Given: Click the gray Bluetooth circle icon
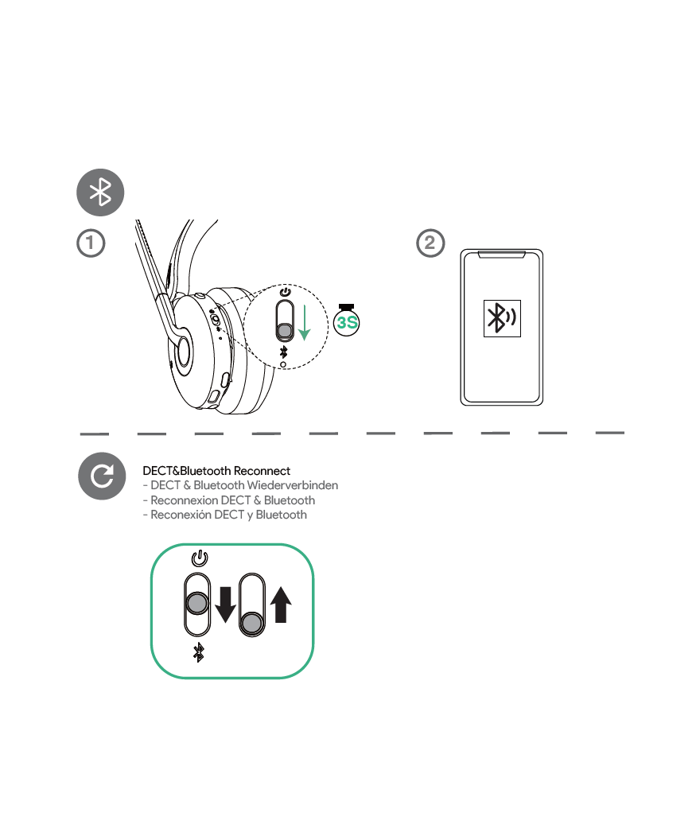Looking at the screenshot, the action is point(100,192).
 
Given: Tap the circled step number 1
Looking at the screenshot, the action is point(91,243).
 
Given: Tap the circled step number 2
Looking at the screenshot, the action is point(430,243).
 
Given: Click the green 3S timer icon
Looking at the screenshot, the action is point(347,321).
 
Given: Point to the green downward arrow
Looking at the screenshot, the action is point(304,322).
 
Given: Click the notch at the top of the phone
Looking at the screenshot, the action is point(501,254).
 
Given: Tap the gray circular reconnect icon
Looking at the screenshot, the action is point(102,476).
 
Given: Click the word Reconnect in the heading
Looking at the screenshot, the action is point(262,471).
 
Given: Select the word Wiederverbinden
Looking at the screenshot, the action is point(293,485).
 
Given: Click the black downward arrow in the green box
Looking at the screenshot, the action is point(225,605).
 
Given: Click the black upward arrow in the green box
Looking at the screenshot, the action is point(281,605).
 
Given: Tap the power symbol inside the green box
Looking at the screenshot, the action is point(199,558).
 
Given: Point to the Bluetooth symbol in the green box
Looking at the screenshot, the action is point(199,652).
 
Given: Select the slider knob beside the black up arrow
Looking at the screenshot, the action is point(251,623).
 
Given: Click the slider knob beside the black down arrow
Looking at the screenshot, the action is point(197,603).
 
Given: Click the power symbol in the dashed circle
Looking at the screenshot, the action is point(285,292).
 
